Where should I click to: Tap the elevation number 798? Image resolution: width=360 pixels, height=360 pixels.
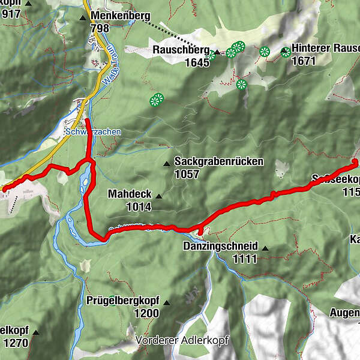99,28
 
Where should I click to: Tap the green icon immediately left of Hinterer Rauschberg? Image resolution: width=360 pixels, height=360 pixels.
286,52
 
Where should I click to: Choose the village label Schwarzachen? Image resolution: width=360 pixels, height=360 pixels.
93,132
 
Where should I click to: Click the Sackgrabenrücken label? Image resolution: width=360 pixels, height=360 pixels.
219,161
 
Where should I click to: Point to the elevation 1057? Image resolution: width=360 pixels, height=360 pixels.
187,174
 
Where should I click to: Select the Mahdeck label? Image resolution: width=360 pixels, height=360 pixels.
129,194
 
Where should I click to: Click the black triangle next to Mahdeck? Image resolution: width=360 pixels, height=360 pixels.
159,196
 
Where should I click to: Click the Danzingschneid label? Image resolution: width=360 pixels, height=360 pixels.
220,247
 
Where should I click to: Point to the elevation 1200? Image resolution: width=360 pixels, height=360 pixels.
146,313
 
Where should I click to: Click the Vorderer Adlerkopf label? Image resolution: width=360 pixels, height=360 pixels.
182,340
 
